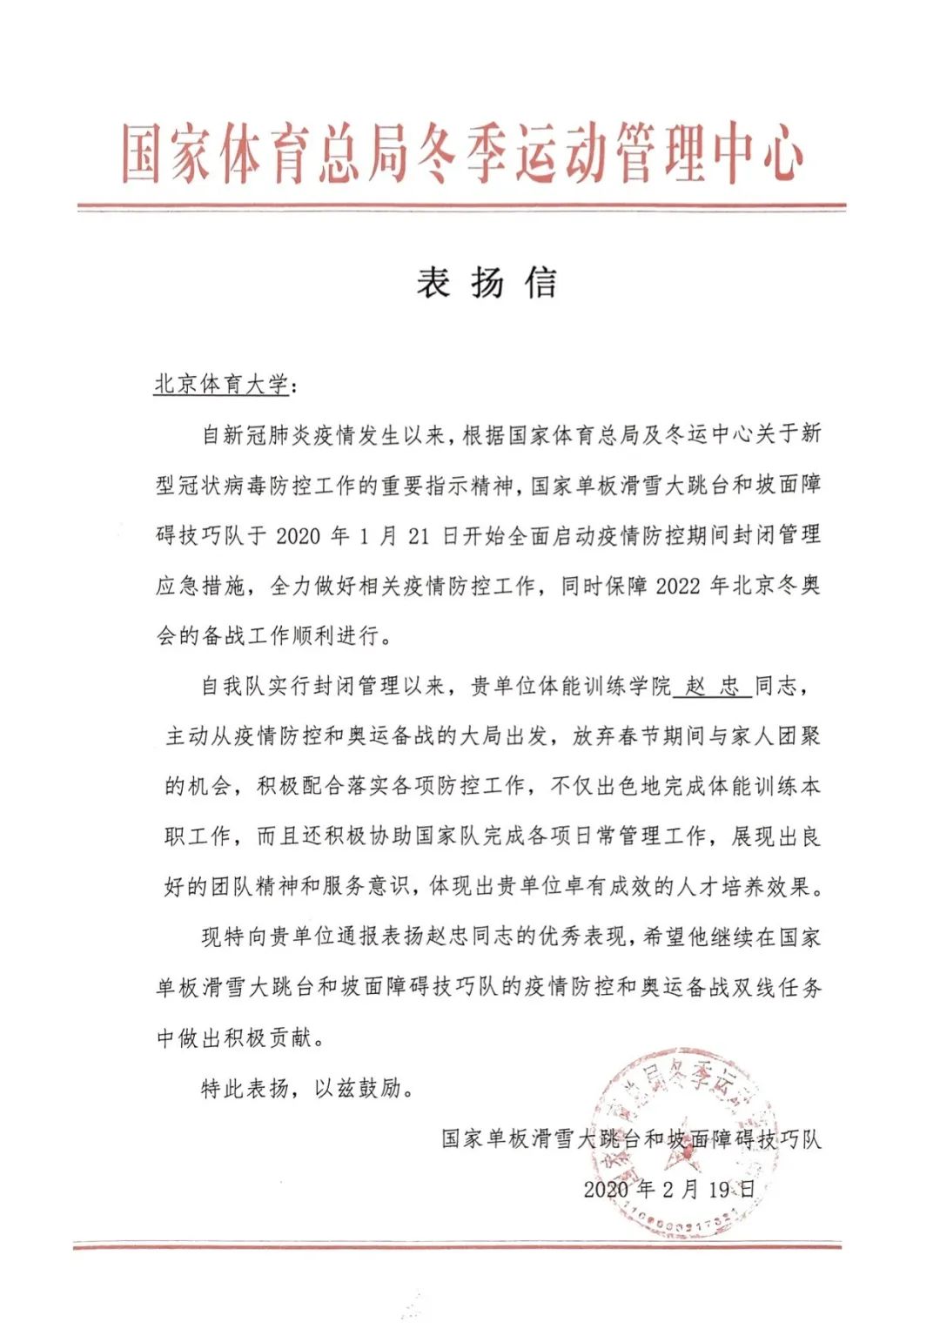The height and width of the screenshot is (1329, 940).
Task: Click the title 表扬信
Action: [x=486, y=283]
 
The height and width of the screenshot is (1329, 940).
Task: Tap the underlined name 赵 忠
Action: [x=712, y=687]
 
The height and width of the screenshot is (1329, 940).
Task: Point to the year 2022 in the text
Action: [x=677, y=586]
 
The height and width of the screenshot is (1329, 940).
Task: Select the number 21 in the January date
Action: [x=419, y=535]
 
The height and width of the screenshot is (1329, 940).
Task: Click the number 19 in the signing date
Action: [x=719, y=1189]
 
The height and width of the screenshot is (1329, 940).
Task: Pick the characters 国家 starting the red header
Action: [x=166, y=156]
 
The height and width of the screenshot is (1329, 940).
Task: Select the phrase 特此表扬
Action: [x=245, y=1088]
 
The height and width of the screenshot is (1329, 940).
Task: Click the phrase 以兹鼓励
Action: [x=358, y=1088]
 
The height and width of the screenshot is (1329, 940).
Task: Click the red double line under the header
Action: [x=461, y=208]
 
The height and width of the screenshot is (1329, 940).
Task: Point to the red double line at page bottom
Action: [x=458, y=1247]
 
